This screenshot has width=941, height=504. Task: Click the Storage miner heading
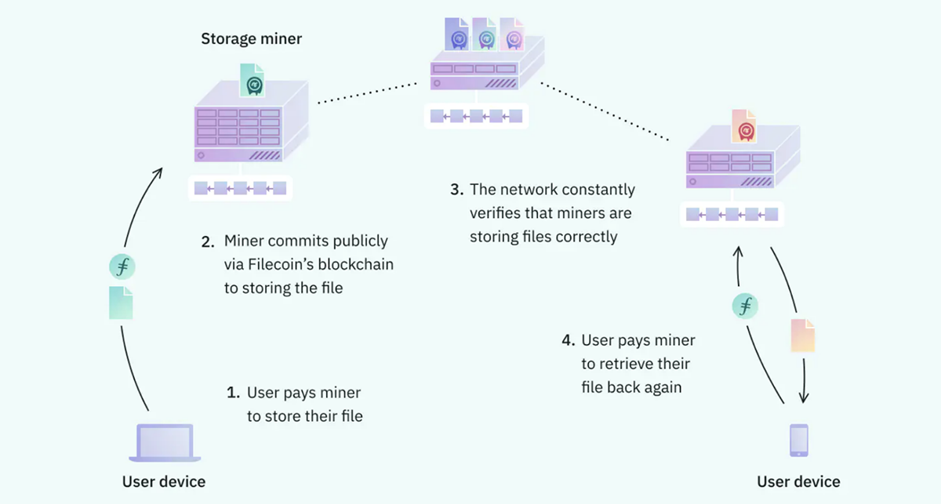point(251,38)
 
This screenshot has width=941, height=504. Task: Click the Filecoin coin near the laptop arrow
point(121,267)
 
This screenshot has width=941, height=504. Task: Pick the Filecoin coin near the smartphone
point(744,305)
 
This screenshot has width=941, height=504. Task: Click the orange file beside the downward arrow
point(803,335)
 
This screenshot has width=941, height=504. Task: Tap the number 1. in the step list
point(232,392)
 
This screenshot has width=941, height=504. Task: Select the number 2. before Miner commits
point(207,241)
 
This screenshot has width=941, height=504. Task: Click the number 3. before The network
point(456,190)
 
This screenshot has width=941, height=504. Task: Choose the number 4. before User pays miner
point(569,341)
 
